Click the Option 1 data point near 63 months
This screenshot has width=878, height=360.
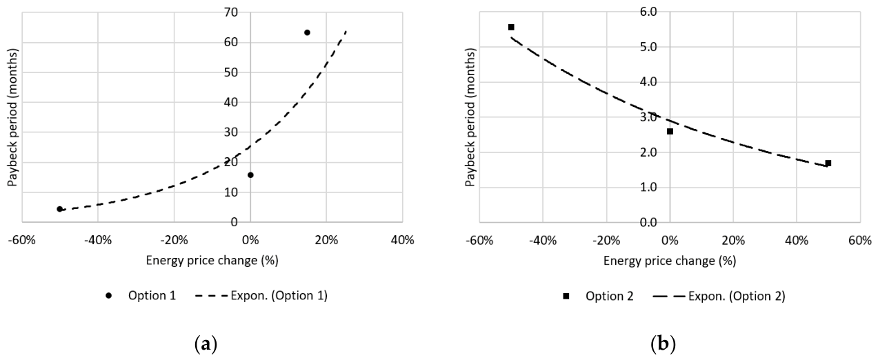point(307,32)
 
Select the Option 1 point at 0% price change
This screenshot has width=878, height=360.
point(250,174)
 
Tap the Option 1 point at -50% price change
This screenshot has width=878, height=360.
point(59,209)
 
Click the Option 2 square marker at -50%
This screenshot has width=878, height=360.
point(511,27)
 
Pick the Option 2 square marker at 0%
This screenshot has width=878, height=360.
point(670,131)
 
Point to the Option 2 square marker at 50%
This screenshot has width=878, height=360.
point(828,163)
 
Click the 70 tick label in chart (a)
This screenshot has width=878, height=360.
point(231,12)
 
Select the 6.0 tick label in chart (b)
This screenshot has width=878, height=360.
point(648,12)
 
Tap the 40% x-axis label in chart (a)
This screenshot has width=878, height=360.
point(403,240)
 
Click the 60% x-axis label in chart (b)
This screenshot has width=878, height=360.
point(860,240)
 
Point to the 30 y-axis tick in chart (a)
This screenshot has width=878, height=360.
point(231,132)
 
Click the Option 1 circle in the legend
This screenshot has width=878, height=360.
point(109,296)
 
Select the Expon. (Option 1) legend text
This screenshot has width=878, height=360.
point(279,295)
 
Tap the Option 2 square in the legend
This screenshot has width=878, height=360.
point(566,296)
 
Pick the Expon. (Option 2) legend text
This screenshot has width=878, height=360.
point(737,296)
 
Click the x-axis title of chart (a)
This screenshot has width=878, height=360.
point(212,261)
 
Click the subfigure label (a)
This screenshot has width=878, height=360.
point(206,344)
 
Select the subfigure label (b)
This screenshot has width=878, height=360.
point(664,344)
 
